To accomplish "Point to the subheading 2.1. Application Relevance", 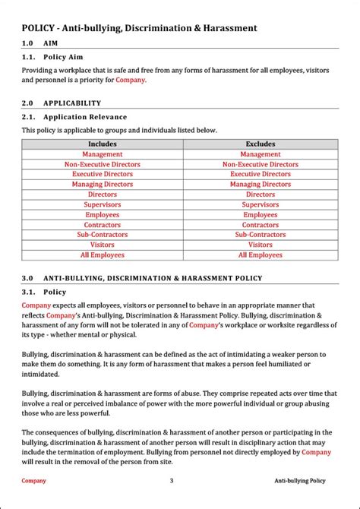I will pyautogui.click(x=74, y=117).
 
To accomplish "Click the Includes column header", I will pyautogui.click(x=103, y=144).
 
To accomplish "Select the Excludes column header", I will pyautogui.click(x=260, y=144).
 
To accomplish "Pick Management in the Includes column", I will pyautogui.click(x=103, y=154).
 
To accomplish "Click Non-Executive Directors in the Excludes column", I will pyautogui.click(x=260, y=164).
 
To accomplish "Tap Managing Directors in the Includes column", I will pyautogui.click(x=103, y=185).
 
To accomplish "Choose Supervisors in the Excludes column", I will pyautogui.click(x=260, y=204).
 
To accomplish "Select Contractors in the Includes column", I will pyautogui.click(x=103, y=225).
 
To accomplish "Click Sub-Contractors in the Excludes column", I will pyautogui.click(x=260, y=235).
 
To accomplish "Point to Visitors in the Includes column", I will pyautogui.click(x=103, y=245).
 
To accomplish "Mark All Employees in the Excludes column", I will pyautogui.click(x=260, y=255).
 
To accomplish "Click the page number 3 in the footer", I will pyautogui.click(x=172, y=480).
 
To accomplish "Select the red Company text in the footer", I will pyautogui.click(x=33, y=480).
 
